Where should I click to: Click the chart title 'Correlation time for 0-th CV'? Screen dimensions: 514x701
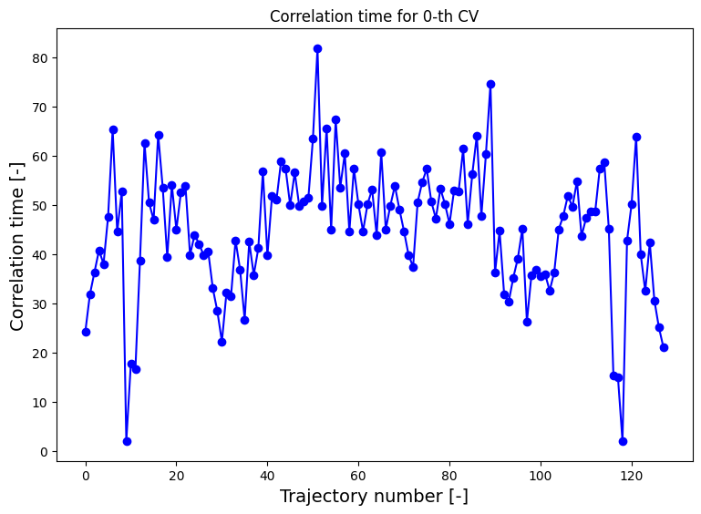(x=375, y=15)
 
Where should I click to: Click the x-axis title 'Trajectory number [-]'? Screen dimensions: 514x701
(x=375, y=497)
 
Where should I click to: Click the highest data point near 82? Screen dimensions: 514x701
(x=317, y=48)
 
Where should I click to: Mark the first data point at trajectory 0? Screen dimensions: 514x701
(x=86, y=332)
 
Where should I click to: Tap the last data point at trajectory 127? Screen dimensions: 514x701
(x=664, y=347)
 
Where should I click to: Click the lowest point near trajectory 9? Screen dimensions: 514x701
(x=127, y=441)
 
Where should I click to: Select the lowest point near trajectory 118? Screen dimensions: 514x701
(x=623, y=441)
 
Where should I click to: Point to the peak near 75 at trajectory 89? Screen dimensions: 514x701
(x=490, y=84)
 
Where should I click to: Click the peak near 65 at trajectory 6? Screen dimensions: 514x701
(x=113, y=129)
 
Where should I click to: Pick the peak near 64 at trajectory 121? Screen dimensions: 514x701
(x=636, y=137)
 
